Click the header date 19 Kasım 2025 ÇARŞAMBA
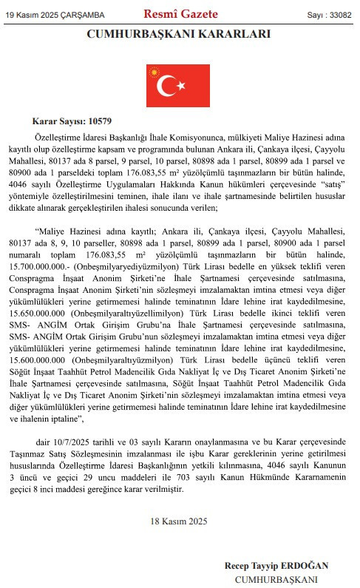coord(55,15)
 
